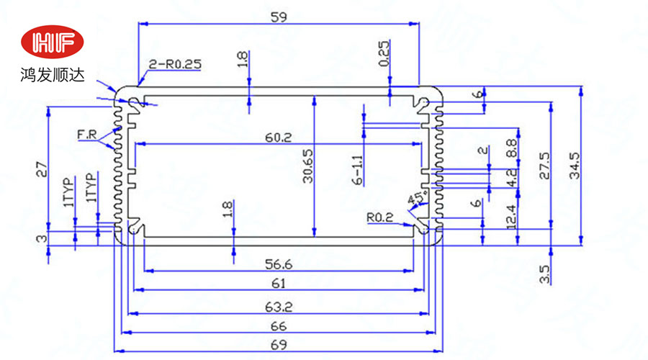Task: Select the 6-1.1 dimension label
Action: pyautogui.click(x=358, y=171)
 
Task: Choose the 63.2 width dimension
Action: pyautogui.click(x=278, y=307)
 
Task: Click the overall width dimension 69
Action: pyautogui.click(x=278, y=345)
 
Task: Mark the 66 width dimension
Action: pyautogui.click(x=278, y=326)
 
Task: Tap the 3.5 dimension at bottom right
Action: pyautogui.click(x=544, y=274)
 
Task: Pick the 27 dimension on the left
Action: pyautogui.click(x=41, y=170)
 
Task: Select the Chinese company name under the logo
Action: pyautogui.click(x=53, y=74)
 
